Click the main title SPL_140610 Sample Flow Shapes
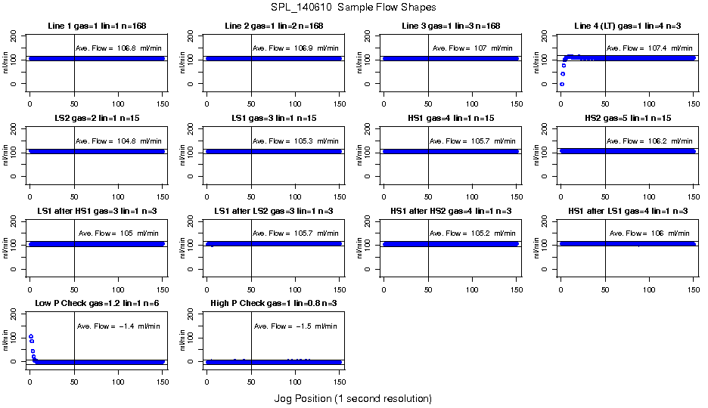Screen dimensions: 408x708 [x=352, y=8]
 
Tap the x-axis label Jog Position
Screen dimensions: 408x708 [x=352, y=398]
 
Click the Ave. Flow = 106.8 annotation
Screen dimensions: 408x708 [x=118, y=48]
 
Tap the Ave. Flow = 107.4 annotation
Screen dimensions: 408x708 [x=649, y=48]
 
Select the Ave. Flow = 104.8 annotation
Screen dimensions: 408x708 [x=118, y=141]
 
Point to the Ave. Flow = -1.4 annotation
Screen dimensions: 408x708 [x=118, y=326]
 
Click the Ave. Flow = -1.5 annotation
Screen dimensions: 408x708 [x=295, y=326]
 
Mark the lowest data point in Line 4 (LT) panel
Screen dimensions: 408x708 [x=561, y=84]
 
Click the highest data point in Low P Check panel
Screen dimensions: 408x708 [x=31, y=337]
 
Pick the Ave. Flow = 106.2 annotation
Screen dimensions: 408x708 [x=649, y=141]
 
